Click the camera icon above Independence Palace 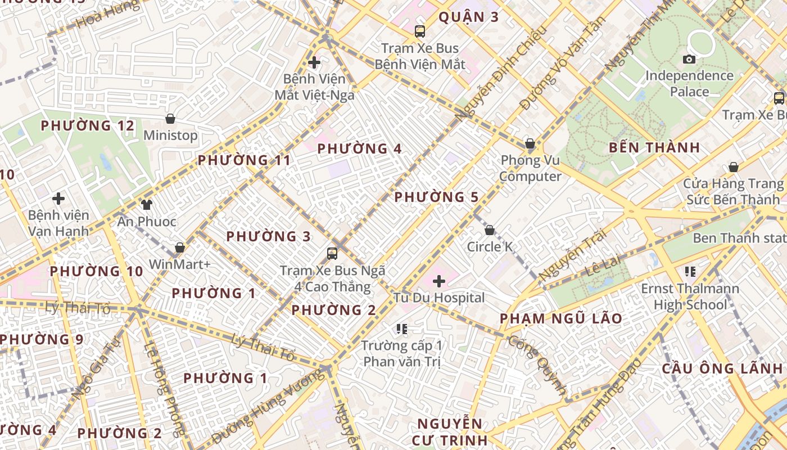click(x=689, y=59)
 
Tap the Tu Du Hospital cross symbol click(x=439, y=281)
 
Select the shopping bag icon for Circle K click(x=490, y=230)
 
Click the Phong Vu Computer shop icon click(x=530, y=143)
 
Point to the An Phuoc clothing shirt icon click(x=147, y=204)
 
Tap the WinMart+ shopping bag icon click(x=180, y=247)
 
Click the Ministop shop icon click(x=170, y=119)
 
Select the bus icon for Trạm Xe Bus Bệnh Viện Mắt click(x=420, y=31)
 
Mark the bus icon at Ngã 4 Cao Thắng click(x=332, y=254)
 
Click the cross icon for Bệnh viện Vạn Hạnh click(x=58, y=199)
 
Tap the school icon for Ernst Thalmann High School click(x=690, y=272)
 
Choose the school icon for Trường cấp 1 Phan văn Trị click(x=401, y=328)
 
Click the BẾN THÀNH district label click(x=655, y=148)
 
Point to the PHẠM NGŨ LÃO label click(x=561, y=319)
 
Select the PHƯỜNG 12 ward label click(x=88, y=125)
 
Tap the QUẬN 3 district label click(x=468, y=17)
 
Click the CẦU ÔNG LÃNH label click(x=722, y=369)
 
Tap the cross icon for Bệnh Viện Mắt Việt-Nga click(x=315, y=62)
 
